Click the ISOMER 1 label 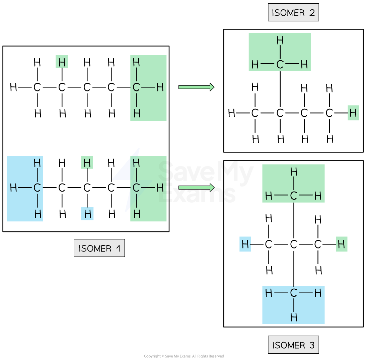pos(99,248)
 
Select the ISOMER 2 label pos(293,13)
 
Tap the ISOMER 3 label pos(293,345)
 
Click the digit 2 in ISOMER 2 pos(312,13)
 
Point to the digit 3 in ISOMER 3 pos(312,345)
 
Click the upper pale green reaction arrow pos(196,87)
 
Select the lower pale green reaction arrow pos(196,188)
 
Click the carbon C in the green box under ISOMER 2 pos(280,65)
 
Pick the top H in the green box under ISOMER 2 pos(280,41)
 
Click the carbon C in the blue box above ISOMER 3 pos(294,293)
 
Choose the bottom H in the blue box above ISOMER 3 pos(294,317)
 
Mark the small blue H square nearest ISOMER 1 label pos(87,214)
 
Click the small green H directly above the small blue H pos(87,163)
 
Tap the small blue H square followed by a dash pos(245,244)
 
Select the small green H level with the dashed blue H pos(342,244)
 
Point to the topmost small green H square pos(62,62)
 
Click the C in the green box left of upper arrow pos(136,87)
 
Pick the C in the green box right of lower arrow pos(294,196)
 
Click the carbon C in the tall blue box pos(37,188)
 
